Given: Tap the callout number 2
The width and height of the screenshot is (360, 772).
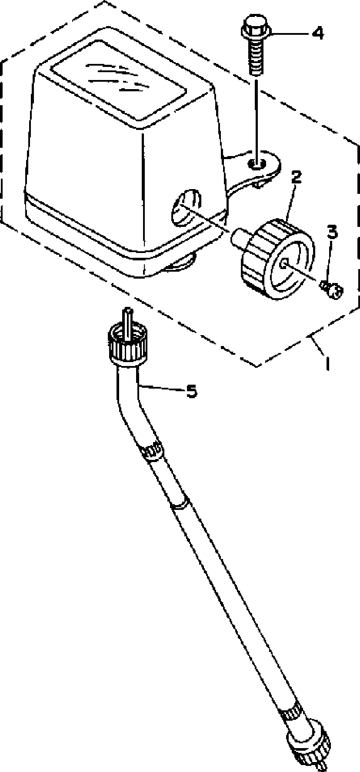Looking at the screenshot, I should click(x=296, y=177).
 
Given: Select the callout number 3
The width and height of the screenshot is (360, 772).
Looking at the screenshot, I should click(x=332, y=232).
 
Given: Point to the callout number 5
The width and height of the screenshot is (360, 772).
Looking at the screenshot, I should click(x=191, y=392).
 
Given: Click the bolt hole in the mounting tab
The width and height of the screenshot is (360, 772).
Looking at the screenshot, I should click(x=257, y=164).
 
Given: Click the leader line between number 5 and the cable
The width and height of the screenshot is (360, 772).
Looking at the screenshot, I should click(x=161, y=389).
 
